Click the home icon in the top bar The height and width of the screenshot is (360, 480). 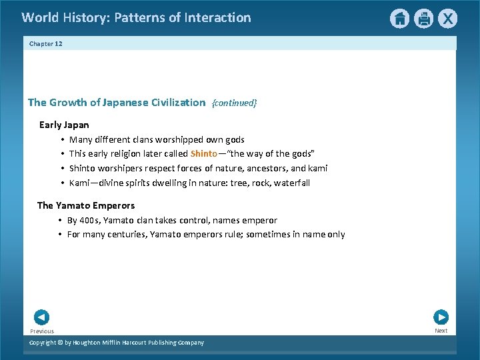click(x=399, y=19)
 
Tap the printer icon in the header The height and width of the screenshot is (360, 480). click(x=424, y=19)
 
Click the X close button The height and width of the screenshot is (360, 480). click(x=448, y=19)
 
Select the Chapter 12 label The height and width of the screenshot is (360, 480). click(x=45, y=43)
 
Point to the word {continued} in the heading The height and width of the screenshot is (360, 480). click(x=234, y=103)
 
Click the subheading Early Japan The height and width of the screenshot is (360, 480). click(x=64, y=125)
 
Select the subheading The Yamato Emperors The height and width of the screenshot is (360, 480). click(x=86, y=205)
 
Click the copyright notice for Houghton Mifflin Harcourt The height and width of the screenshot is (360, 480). click(x=117, y=343)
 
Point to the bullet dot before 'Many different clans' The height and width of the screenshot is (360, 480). click(x=61, y=140)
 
